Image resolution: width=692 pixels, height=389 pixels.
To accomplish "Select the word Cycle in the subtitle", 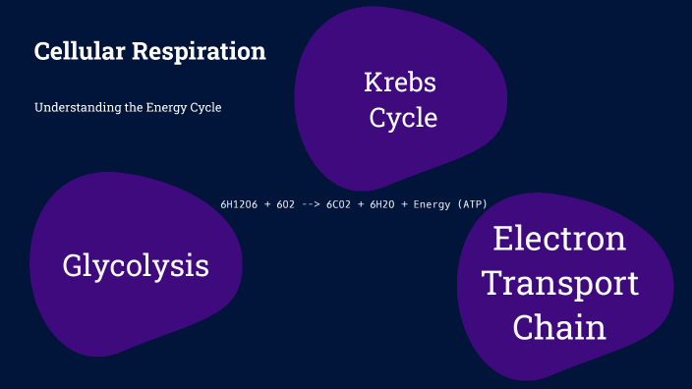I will [x=205, y=108].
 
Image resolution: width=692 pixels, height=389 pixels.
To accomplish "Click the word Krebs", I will [x=400, y=83].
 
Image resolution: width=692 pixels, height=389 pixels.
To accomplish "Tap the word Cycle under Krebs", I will [x=403, y=118].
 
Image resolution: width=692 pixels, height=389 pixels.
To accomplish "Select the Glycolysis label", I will [x=136, y=265].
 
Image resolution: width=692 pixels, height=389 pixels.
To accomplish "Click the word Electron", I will [x=559, y=239].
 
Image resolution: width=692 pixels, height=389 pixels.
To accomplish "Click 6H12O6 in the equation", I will [x=240, y=204].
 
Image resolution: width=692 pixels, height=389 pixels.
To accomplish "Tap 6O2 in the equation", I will [x=286, y=204].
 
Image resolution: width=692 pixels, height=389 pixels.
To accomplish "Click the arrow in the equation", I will [x=311, y=204].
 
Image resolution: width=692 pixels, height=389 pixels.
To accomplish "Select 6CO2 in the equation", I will [x=338, y=204].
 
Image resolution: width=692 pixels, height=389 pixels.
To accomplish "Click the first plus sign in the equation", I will [x=266, y=204].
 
